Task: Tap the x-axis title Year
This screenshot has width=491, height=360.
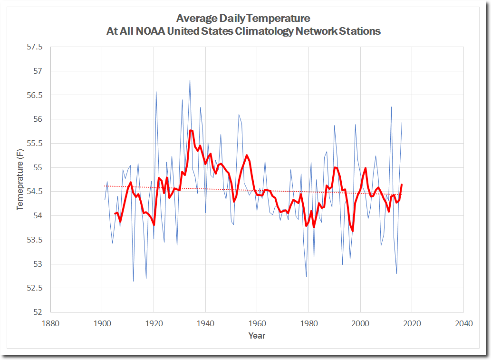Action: click(257, 336)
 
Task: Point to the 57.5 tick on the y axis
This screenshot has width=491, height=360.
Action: click(34, 47)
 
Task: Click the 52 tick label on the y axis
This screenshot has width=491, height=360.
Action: click(38, 312)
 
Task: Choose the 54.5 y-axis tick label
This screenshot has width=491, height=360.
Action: click(34, 192)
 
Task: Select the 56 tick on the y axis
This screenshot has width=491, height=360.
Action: click(38, 119)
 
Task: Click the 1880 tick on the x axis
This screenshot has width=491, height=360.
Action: click(50, 323)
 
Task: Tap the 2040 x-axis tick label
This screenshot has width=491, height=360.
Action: click(463, 323)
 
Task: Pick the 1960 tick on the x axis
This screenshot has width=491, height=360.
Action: click(257, 323)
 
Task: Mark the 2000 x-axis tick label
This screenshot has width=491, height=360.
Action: click(360, 323)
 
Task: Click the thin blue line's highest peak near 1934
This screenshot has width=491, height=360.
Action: click(190, 80)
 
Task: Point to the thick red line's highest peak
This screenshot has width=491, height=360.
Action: click(190, 130)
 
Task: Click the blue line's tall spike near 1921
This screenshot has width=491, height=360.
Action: click(156, 91)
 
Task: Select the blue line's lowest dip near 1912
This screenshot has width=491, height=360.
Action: click(133, 281)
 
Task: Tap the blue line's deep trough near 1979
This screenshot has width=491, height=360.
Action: click(306, 277)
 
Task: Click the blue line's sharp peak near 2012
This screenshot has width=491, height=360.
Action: click(391, 107)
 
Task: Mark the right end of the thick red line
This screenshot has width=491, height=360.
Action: click(402, 185)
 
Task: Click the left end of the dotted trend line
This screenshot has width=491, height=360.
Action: click(105, 186)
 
